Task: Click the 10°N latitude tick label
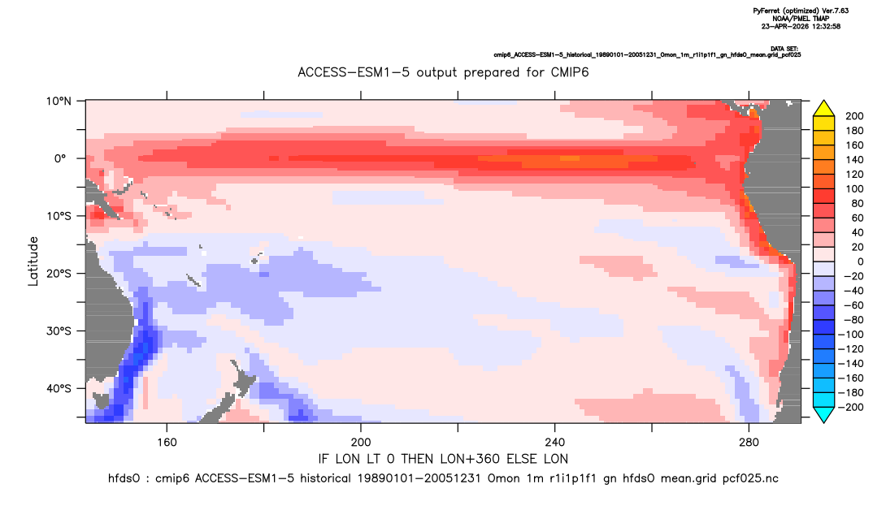pyautogui.click(x=59, y=102)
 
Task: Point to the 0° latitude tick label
pyautogui.click(x=60, y=158)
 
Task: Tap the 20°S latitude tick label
pyautogui.click(x=59, y=273)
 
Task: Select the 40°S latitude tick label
pyautogui.click(x=59, y=388)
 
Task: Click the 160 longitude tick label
pyautogui.click(x=167, y=443)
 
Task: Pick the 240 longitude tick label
pyautogui.click(x=555, y=443)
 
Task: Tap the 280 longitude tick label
pyautogui.click(x=749, y=443)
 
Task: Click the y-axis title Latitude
pyautogui.click(x=33, y=261)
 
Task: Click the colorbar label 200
pyautogui.click(x=854, y=116)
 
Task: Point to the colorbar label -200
pyautogui.click(x=851, y=407)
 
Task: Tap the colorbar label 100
pyautogui.click(x=854, y=188)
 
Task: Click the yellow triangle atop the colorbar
pyautogui.click(x=823, y=109)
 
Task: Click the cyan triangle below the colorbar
pyautogui.click(x=823, y=414)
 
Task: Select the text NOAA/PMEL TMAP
pyautogui.click(x=801, y=19)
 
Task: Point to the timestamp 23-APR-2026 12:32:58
pyautogui.click(x=801, y=26)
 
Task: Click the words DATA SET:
pyautogui.click(x=785, y=49)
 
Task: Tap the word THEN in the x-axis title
pyautogui.click(x=419, y=459)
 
